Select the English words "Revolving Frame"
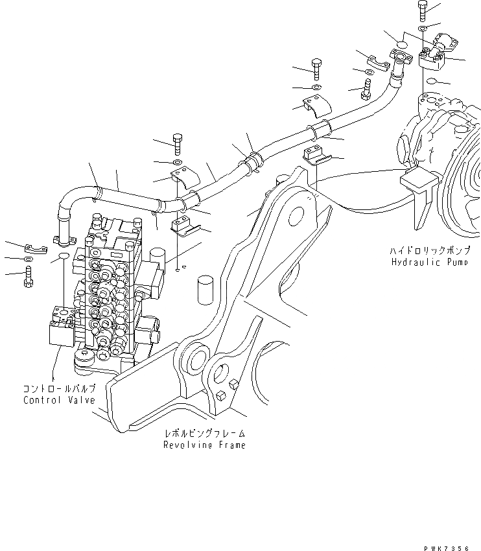pyautogui.click(x=204, y=445)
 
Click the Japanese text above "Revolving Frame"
pyautogui.click(x=205, y=433)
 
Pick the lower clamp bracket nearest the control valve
pyautogui.click(x=183, y=225)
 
